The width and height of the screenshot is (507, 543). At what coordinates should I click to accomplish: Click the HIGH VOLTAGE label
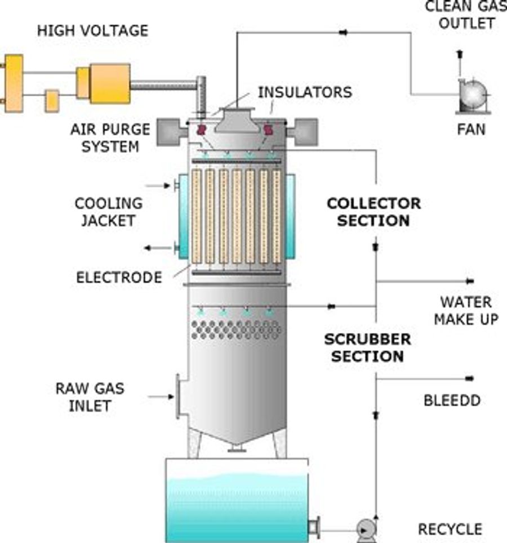92,30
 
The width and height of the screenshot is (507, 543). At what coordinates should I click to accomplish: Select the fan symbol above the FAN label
472,96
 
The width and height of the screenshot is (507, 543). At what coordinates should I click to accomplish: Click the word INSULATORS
304,92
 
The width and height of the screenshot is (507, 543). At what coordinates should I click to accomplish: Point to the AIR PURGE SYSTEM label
110,138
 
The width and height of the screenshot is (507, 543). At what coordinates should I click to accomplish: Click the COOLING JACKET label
108,211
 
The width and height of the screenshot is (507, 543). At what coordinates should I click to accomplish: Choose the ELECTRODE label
119,277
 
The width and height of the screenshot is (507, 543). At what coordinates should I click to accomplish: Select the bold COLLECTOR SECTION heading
373,211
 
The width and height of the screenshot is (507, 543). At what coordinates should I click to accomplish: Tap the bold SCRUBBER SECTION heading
367,348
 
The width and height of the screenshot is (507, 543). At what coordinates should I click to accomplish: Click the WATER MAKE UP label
465,310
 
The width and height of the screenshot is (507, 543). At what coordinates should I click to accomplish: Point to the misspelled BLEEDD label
452,400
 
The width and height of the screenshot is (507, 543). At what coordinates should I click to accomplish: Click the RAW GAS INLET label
90,397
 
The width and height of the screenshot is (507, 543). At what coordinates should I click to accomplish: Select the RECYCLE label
450,529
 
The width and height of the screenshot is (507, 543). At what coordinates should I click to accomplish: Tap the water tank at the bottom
237,501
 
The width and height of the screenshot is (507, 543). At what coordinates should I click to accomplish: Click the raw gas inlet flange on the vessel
179,397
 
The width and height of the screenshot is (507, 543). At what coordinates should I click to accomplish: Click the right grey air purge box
305,130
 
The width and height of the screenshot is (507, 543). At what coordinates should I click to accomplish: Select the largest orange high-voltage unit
110,83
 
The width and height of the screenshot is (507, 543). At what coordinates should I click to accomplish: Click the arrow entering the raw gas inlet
161,397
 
